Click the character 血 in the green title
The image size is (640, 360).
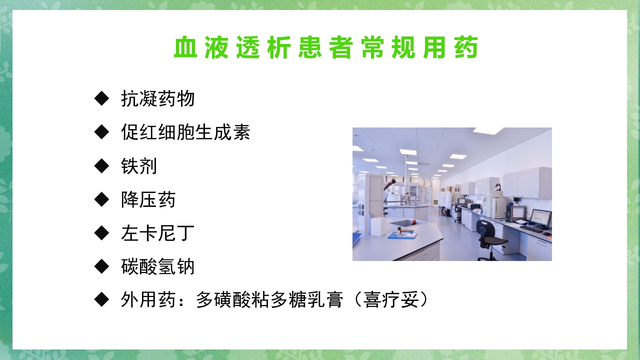coord(186,48)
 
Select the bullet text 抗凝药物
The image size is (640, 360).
coord(157,99)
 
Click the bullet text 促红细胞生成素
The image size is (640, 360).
coord(185,132)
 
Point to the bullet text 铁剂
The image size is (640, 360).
coord(139,166)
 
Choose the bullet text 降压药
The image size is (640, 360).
coord(148,200)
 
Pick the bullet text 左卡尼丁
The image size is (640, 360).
coord(157,233)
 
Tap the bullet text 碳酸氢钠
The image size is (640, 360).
coord(157,267)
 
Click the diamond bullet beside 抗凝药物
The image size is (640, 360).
coord(101,98)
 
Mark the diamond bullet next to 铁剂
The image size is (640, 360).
coord(101,165)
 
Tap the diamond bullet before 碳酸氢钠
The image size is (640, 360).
coord(101,266)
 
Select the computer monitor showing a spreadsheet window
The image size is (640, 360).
coord(540,218)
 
